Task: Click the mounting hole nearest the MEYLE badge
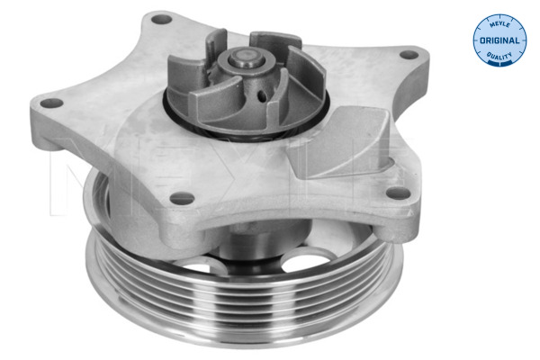pos(409,56)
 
